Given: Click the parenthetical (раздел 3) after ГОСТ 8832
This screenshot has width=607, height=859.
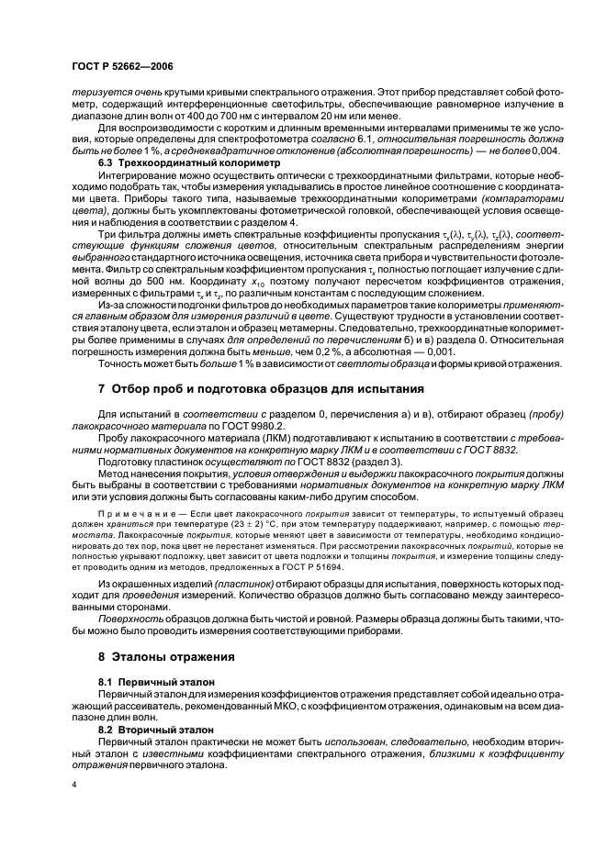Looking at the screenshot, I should [345, 461].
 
